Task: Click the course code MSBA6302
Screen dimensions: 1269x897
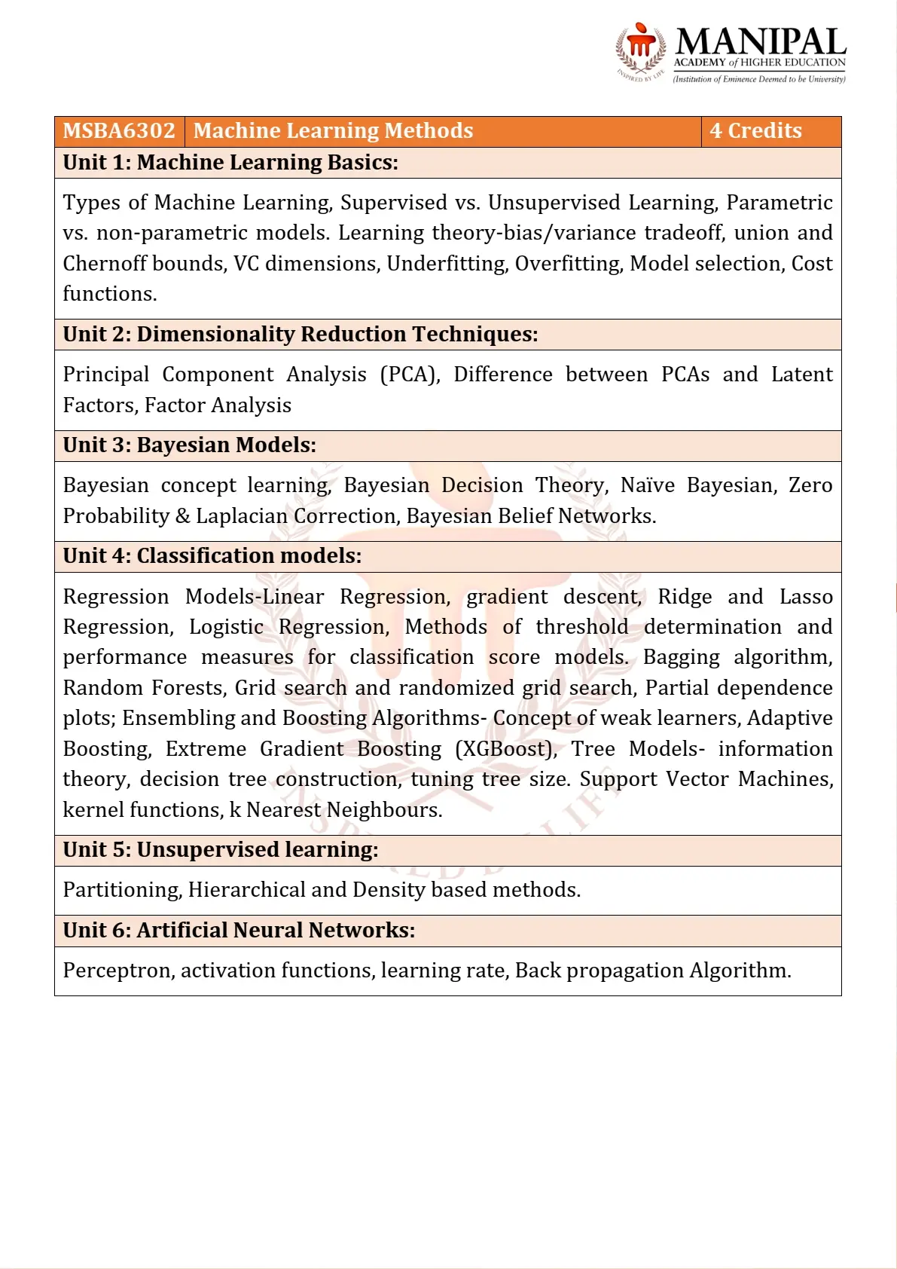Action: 119,131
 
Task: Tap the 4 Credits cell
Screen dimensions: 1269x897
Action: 755,131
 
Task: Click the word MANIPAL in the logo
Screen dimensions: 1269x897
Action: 761,42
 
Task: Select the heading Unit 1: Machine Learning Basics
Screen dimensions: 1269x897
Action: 230,163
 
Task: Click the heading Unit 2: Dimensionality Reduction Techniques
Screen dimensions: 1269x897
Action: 301,335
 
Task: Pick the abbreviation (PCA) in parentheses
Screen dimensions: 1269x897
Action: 410,375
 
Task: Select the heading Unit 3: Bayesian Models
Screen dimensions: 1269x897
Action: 190,445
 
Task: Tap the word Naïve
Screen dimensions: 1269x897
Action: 647,485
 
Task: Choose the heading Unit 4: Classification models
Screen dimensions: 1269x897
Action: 212,556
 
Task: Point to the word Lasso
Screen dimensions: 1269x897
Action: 805,597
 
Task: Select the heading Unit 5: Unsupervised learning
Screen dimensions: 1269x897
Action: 221,850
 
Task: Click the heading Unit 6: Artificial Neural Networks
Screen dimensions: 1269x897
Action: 239,931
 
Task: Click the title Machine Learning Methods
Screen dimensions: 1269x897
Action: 333,131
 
